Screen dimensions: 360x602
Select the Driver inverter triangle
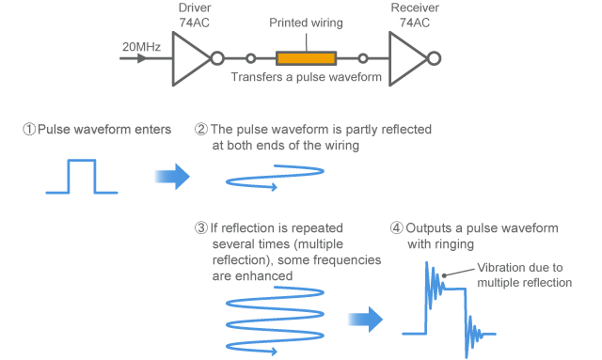[x=190, y=58]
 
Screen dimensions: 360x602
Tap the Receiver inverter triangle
[x=406, y=58]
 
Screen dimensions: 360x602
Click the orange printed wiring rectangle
[x=306, y=58]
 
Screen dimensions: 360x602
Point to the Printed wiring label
[x=305, y=22]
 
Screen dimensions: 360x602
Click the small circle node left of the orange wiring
[x=251, y=58]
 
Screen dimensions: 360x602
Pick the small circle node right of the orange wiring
[x=363, y=58]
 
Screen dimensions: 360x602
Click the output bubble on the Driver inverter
[x=217, y=58]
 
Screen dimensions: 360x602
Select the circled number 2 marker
[x=201, y=130]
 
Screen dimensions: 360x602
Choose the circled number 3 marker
[x=201, y=228]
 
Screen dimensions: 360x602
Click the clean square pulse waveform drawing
[x=81, y=176]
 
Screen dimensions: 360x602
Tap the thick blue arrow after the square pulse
[x=171, y=175]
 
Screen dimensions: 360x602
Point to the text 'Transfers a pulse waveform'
[x=306, y=78]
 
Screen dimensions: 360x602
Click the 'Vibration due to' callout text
[x=520, y=267]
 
